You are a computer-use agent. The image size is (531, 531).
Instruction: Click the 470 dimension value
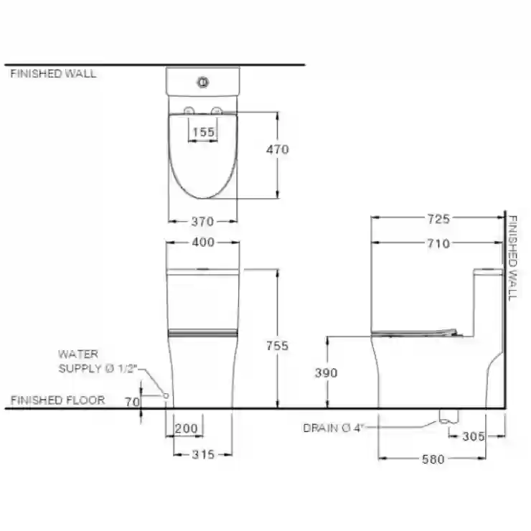point(278,149)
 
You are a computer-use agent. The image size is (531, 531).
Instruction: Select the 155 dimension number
point(203,132)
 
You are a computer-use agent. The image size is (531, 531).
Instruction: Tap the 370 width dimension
point(202,222)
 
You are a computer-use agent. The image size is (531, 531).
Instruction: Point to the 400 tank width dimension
point(203,242)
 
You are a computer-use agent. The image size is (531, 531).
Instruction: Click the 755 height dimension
point(278,346)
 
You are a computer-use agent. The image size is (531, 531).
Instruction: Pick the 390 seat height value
point(326,373)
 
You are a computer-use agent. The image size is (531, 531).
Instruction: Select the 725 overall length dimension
point(438,219)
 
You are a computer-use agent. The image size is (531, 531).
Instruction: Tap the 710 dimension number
point(438,243)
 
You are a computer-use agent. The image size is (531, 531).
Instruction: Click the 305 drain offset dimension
point(474,436)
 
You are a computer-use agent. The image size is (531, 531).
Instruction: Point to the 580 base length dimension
point(433,459)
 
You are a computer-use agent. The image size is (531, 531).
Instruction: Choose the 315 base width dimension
point(203,454)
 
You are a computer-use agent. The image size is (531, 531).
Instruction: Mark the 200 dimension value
point(187,428)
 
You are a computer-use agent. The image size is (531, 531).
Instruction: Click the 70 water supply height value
point(133,402)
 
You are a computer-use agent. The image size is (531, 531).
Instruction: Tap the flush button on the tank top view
point(203,83)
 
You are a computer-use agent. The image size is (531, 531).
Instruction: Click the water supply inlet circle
point(166,395)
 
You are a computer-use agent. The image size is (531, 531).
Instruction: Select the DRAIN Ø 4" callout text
point(333,428)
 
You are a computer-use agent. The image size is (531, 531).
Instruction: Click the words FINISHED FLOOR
point(58,400)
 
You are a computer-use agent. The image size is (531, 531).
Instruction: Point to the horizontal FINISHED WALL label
point(53,74)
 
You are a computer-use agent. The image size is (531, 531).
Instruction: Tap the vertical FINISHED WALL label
point(513,258)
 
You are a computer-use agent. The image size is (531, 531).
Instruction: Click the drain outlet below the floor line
point(448,416)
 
